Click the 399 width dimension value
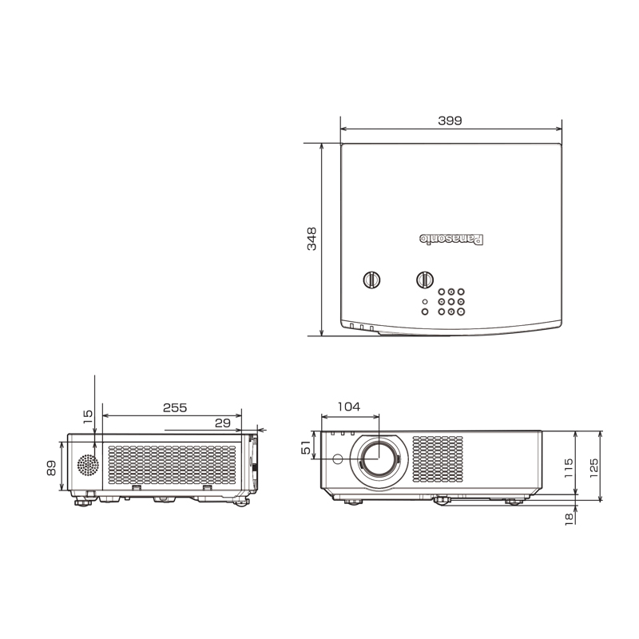(450, 121)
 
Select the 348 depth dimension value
(312, 239)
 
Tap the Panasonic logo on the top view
(451, 239)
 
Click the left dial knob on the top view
(371, 280)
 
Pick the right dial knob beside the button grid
(425, 280)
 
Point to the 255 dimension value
(175, 407)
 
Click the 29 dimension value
(223, 423)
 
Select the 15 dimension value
(88, 416)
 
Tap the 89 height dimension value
(51, 468)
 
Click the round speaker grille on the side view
(88, 465)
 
